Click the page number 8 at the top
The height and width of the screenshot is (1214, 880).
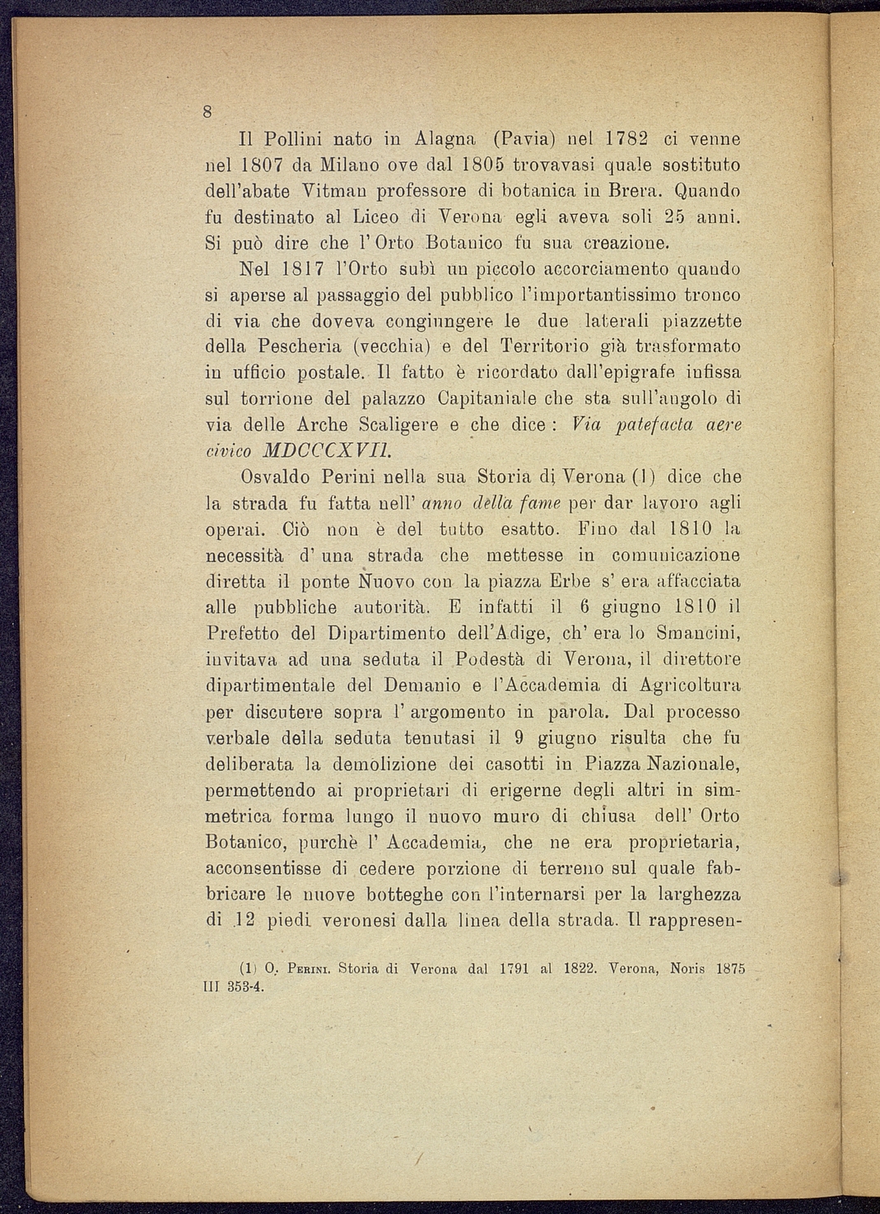(209, 112)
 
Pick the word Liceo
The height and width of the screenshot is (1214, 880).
(377, 218)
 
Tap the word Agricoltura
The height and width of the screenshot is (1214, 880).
(690, 686)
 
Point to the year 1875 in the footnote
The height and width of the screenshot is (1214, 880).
(730, 970)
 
